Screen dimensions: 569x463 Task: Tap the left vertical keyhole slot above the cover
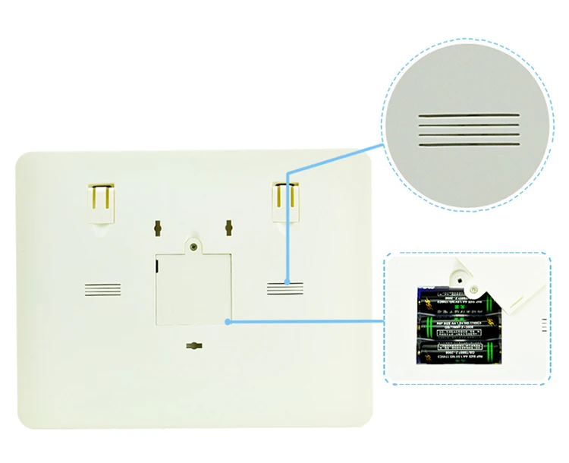coord(158,228)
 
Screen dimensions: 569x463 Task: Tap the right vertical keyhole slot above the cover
coord(228,228)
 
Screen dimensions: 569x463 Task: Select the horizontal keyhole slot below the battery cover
coord(193,346)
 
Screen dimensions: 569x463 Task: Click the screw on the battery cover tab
coord(194,246)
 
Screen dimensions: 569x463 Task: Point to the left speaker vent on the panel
coord(102,289)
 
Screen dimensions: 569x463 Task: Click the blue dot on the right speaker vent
coord(287,283)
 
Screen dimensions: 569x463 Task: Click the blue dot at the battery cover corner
coord(230,321)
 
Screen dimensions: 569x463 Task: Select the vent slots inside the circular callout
coord(470,130)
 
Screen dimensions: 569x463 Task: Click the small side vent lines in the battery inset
coord(542,326)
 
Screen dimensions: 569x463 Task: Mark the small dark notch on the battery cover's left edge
coord(156,263)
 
